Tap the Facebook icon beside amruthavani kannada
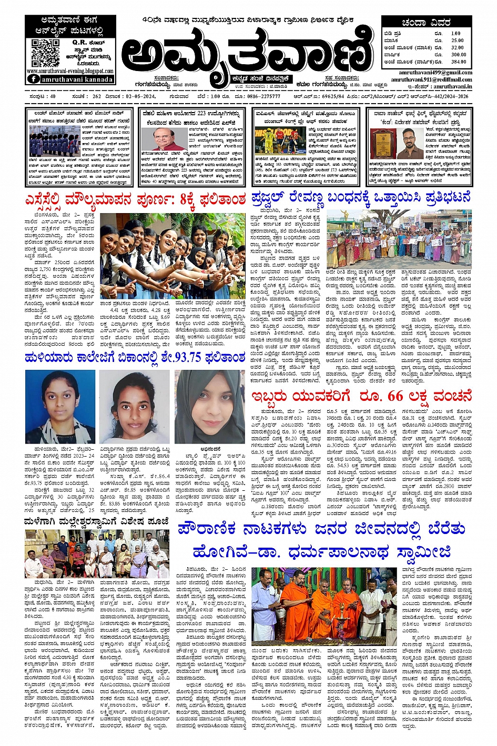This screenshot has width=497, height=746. point(34,79)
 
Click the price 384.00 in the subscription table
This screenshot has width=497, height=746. point(458,62)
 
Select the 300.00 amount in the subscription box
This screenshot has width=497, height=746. point(458,54)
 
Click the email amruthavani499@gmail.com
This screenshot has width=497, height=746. point(442,73)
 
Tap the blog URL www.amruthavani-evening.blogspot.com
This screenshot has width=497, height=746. point(70,71)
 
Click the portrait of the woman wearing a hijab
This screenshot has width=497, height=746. point(210,405)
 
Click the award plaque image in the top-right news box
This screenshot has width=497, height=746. point(380,143)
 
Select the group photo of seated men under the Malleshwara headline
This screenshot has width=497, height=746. point(97,554)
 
